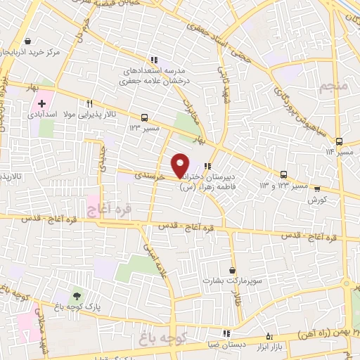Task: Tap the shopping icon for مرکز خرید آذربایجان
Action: pyautogui.click(x=27, y=41)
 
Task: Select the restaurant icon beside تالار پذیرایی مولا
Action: pyautogui.click(x=89, y=102)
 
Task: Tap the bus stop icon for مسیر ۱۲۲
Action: pyautogui.click(x=144, y=117)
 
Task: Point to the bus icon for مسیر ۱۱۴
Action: pyautogui.click(x=338, y=141)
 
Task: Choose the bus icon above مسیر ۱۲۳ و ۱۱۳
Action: pyautogui.click(x=284, y=174)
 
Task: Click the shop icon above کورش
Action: pyautogui.click(x=316, y=188)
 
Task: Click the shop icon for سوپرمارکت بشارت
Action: pyautogui.click(x=232, y=270)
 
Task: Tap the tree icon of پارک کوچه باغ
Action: pyautogui.click(x=77, y=294)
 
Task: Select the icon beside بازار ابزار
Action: pyautogui.click(x=271, y=335)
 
